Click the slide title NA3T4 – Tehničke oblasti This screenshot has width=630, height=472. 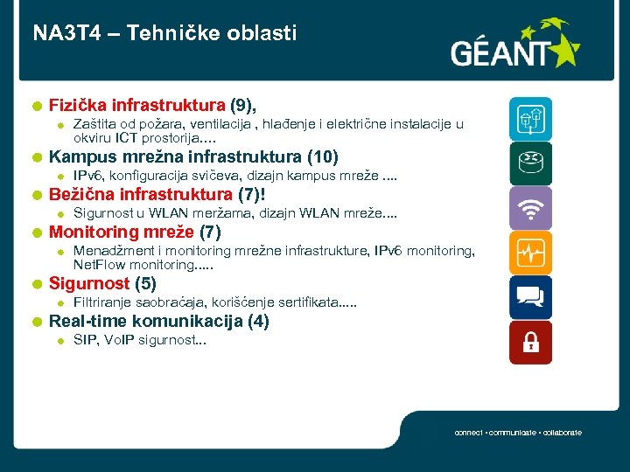click(x=165, y=34)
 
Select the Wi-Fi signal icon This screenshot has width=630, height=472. click(x=531, y=208)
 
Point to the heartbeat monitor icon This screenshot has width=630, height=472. click(x=531, y=253)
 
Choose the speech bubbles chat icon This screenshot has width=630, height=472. click(x=531, y=298)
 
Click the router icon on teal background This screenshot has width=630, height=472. click(x=531, y=163)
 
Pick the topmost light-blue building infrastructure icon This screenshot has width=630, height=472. click(x=531, y=119)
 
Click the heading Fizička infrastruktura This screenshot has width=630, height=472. click(x=137, y=107)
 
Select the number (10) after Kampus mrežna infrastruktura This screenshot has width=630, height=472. click(x=323, y=158)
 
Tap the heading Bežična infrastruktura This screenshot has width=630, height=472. click(x=141, y=194)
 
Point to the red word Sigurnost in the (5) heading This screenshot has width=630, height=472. click(x=90, y=283)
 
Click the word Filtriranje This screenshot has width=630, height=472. click(x=101, y=302)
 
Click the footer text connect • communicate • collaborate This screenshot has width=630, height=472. click(x=518, y=434)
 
